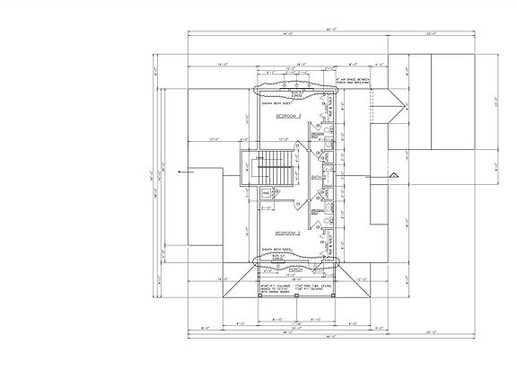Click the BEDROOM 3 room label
288,117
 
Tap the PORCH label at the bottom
294,269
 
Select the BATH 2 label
316,177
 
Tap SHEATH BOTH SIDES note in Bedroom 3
277,103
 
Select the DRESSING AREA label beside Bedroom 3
317,135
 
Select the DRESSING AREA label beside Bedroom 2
317,213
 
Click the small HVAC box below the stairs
266,193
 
